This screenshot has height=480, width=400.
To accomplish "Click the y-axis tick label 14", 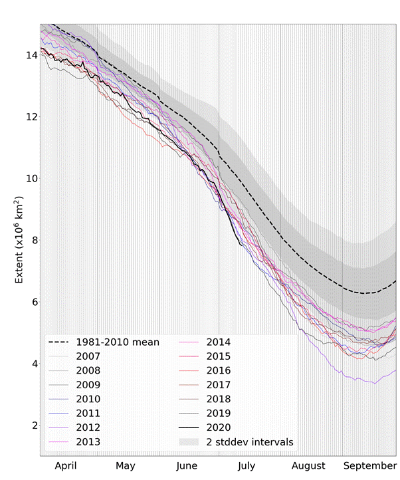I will (30, 55).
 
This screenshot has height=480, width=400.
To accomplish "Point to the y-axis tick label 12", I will (30, 117).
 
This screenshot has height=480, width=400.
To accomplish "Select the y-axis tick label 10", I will (30, 179).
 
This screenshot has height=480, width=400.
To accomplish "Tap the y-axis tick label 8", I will (33, 240).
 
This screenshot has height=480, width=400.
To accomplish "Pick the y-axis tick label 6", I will (33, 302).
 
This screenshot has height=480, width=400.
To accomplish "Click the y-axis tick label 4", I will (33, 364).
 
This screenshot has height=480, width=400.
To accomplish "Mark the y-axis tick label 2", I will (33, 425).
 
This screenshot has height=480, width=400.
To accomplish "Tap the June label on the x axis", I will (187, 466).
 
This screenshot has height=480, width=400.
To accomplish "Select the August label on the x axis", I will (308, 466).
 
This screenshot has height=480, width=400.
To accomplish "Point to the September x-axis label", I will (369, 466).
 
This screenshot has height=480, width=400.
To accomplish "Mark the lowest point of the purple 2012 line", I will (374, 384).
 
